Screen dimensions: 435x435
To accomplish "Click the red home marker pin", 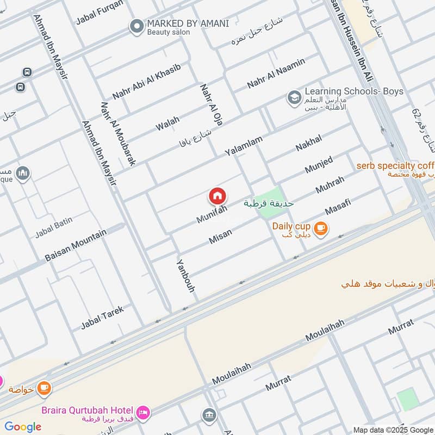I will pos(217,196).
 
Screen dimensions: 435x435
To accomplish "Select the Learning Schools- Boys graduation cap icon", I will pos(294,98).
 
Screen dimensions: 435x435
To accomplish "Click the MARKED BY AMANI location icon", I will pos(136,26).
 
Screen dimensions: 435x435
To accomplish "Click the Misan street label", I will pos(220,235).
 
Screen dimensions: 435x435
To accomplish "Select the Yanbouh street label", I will pos(185,276).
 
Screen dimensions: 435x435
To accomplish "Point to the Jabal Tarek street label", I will pos(102,318).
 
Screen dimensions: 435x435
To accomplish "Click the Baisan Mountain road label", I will pos(76,245).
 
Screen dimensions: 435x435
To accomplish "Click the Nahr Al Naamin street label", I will pos(276,73).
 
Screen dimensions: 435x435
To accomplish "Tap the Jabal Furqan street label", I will pos(100,13).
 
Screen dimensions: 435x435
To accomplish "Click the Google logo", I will pos(23,427).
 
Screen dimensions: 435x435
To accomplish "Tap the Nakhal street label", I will pos(308,143).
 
